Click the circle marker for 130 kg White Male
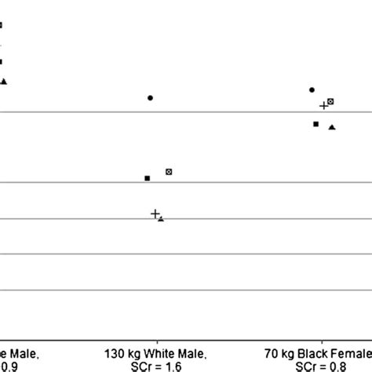(x=150, y=98)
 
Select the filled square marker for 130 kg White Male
(x=147, y=179)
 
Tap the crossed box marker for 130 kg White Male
(x=169, y=171)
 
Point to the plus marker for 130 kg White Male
(x=155, y=213)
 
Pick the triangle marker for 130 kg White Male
(x=161, y=219)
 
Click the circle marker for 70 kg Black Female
(x=312, y=90)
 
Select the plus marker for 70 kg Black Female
(x=323, y=105)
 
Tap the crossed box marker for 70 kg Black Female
(x=331, y=101)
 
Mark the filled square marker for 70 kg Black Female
(x=315, y=124)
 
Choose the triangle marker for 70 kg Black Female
(x=332, y=127)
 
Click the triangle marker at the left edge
(x=4, y=81)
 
